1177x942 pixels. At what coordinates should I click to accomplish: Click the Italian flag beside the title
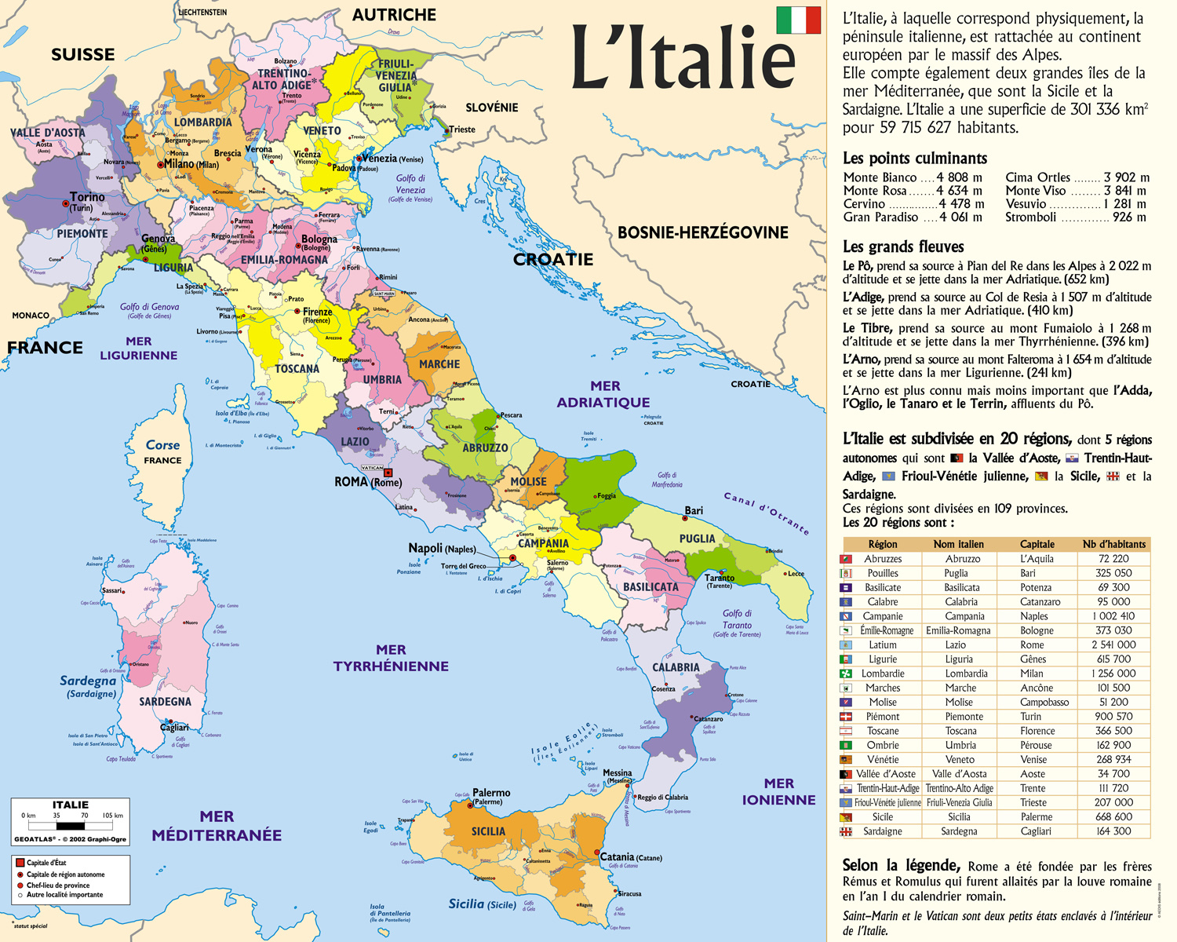[x=798, y=20]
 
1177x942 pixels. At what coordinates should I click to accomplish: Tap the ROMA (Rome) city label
[x=367, y=482]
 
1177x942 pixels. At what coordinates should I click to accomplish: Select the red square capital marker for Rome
[x=388, y=473]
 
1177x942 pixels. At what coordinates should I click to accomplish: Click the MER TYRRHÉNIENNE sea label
[x=391, y=658]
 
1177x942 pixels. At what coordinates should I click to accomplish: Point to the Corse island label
[x=162, y=445]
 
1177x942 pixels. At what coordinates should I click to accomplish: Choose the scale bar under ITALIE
[x=71, y=826]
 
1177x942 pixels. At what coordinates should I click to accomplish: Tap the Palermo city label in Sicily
[x=491, y=794]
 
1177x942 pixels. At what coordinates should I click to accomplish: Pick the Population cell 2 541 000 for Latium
[x=1113, y=644]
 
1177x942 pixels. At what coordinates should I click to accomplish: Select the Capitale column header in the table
[x=1037, y=544]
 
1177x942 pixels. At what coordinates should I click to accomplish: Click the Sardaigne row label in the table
[x=882, y=831]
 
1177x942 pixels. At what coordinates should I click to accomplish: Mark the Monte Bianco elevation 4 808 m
[x=959, y=177]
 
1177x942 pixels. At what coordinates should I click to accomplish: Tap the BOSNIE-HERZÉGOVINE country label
[x=702, y=232]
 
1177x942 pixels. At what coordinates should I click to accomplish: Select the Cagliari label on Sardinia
[x=174, y=728]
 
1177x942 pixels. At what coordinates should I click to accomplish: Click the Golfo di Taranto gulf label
[x=737, y=619]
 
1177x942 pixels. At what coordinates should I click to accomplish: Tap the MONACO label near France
[x=31, y=316]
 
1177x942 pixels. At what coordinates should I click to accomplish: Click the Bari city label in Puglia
[x=694, y=511]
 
